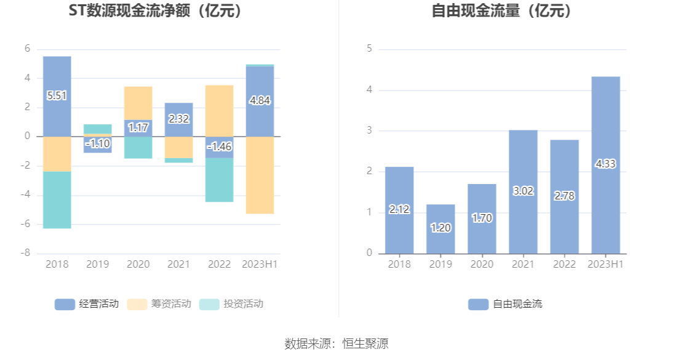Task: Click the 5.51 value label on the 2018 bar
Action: pos(57,95)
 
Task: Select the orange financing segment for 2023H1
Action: pos(260,175)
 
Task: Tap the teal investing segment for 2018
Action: pos(57,200)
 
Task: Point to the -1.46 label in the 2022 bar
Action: pos(219,146)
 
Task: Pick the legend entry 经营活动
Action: pos(87,304)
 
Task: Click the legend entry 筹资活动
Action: pos(159,304)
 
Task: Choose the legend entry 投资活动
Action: pos(231,304)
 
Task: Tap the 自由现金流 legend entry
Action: pos(505,304)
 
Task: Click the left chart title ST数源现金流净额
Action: pos(155,11)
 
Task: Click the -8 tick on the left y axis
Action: pos(27,254)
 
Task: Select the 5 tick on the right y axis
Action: pos(369,49)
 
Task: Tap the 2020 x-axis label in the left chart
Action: pos(138,265)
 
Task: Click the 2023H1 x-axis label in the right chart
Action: pos(605,265)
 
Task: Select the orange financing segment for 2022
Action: pos(219,111)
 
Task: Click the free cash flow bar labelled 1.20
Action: pos(440,228)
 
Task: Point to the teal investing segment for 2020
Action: pos(138,148)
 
